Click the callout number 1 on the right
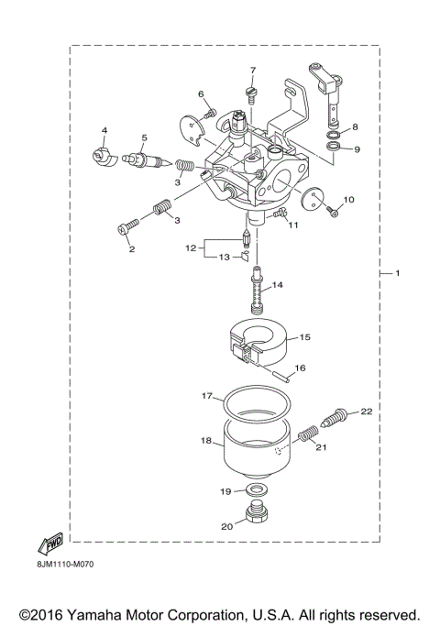(x=397, y=274)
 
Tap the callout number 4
(x=104, y=131)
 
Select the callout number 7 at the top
(x=253, y=71)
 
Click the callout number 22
(x=367, y=412)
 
